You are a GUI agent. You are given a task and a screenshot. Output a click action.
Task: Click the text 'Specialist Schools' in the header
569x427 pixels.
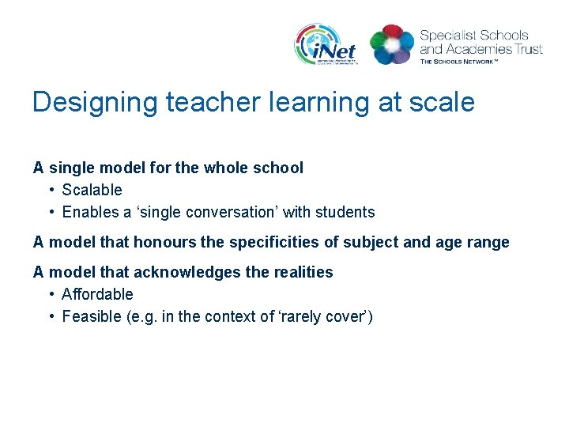pos(474,35)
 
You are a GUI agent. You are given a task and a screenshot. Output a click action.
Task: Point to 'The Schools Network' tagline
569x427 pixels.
pos(459,61)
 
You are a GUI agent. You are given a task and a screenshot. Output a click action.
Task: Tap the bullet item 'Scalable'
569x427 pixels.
pos(92,190)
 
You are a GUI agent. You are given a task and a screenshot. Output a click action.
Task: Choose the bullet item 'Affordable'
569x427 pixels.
pos(97,294)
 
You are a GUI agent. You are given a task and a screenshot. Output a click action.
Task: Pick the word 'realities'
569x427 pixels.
pos(303,272)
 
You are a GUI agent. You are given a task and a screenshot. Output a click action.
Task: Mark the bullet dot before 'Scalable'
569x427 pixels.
pos(51,190)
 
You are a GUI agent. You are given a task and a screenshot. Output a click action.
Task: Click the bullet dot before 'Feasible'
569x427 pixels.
pos(51,316)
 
